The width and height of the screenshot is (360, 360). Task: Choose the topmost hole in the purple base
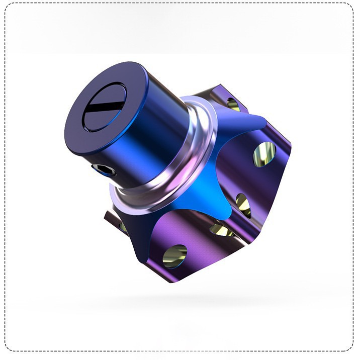pyautogui.click(x=233, y=104)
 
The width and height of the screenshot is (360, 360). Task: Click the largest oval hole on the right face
pyautogui.click(x=264, y=154)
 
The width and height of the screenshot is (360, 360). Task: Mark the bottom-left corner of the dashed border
pyautogui.click(x=7, y=350)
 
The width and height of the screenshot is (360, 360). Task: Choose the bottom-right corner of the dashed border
pyautogui.click(x=353, y=350)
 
